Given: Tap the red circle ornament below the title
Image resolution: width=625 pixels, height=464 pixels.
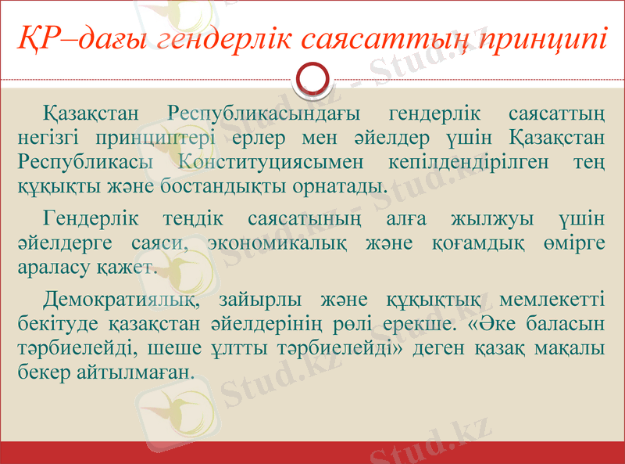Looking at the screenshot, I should coord(312,79).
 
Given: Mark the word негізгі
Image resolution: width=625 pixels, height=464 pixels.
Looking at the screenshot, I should coord(51,138).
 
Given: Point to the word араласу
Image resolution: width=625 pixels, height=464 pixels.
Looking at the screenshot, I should coord(51,268).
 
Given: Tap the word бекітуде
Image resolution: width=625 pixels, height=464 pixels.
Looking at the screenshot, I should coord(54,324).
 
